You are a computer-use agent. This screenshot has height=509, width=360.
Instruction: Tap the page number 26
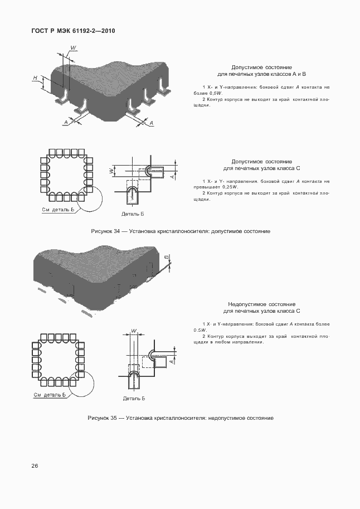[x=35, y=466]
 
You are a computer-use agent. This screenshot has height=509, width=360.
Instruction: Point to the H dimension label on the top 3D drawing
[x=35, y=77]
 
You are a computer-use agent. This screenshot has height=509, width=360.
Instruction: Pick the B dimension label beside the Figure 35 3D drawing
[x=167, y=257]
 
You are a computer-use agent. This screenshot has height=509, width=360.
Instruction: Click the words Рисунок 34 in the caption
[x=105, y=231]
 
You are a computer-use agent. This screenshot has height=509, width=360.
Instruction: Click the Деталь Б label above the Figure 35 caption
[x=134, y=399]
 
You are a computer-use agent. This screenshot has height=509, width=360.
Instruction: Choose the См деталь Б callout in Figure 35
[x=50, y=395]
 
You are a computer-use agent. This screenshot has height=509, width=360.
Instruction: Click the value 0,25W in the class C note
[x=229, y=187]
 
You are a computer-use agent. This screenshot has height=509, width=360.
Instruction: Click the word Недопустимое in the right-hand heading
[x=245, y=305]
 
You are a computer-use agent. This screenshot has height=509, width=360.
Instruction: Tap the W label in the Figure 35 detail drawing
[x=134, y=331]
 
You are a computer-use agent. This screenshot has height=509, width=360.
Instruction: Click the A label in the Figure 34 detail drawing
[x=172, y=176]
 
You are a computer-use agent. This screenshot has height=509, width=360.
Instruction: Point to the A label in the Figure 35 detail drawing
[x=172, y=361]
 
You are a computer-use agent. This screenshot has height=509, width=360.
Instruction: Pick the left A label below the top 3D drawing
[x=66, y=122]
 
